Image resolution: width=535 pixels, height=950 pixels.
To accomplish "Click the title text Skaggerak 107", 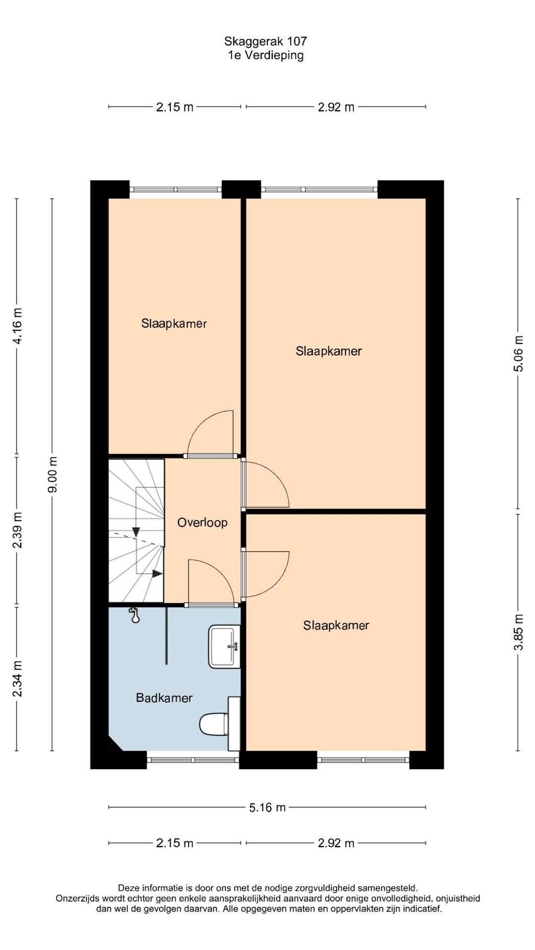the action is tap(266, 42).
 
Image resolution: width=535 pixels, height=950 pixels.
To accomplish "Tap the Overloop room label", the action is tap(202, 522).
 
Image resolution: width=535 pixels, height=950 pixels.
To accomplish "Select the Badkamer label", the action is tap(164, 698).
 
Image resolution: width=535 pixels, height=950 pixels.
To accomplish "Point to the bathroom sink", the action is tap(224, 647).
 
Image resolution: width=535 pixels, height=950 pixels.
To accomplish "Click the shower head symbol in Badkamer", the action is tap(134, 615).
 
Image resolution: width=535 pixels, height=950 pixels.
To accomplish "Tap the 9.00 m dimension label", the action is tap(52, 475).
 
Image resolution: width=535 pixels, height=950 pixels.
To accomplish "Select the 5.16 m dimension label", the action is tap(267, 807).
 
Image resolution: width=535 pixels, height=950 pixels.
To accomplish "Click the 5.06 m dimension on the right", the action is tap(518, 353).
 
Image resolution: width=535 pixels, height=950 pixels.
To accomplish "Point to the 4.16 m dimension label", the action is tap(17, 326).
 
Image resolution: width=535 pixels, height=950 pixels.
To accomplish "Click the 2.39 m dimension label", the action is tap(17, 530).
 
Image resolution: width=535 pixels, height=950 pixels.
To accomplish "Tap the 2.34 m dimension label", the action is tap(17, 679).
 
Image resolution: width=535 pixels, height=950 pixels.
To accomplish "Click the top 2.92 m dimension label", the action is tap(336, 107).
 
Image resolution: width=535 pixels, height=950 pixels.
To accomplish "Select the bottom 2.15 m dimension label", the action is tap(174, 843).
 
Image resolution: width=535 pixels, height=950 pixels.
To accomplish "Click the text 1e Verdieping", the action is tap(266, 55).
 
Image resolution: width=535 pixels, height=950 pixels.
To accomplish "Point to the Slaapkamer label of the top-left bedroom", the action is tap(174, 324).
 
